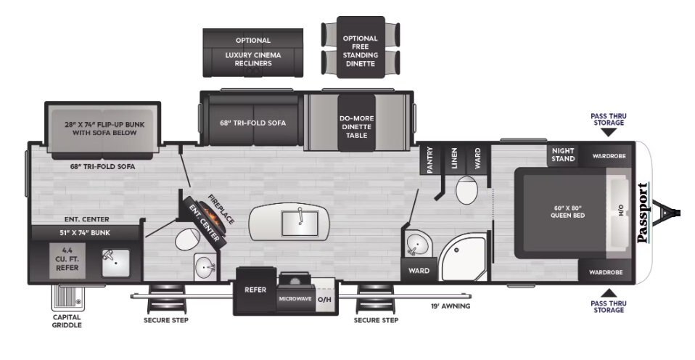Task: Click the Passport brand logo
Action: click(643, 213)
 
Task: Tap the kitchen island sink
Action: click(300, 223)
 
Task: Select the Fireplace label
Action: click(221, 209)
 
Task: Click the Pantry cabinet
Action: click(429, 159)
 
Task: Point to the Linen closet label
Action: click(453, 158)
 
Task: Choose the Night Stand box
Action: click(562, 155)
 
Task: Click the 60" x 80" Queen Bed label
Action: click(567, 211)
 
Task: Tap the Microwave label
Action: click(295, 299)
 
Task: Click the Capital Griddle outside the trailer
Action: click(67, 298)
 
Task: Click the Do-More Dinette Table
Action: click(356, 123)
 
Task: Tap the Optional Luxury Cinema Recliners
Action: click(253, 53)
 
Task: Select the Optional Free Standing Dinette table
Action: click(361, 47)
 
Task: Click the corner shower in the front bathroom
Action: click(462, 258)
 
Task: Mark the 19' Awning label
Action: click(451, 306)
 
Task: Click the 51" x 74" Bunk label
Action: click(85, 233)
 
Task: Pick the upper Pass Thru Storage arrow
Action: click(609, 133)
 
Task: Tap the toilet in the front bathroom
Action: click(466, 189)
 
